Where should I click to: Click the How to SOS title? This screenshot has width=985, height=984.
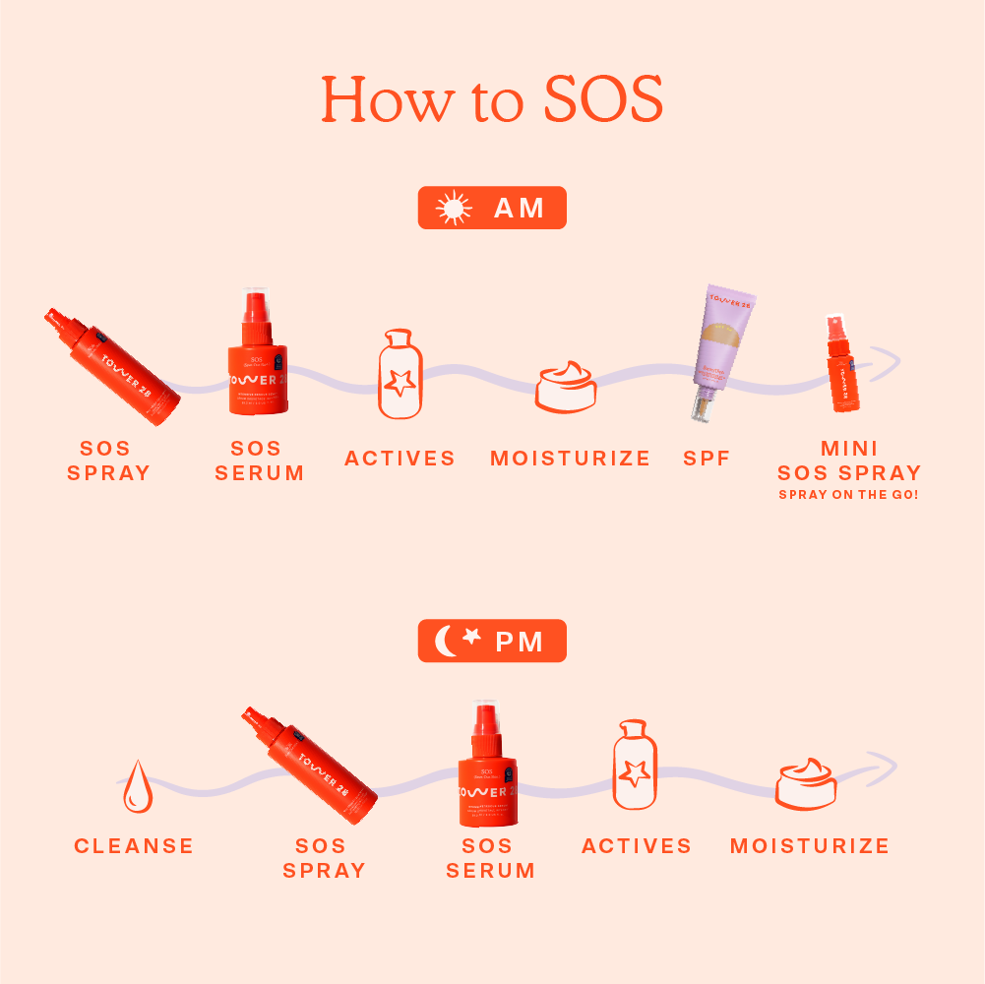492,99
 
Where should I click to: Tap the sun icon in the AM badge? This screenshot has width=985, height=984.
453,209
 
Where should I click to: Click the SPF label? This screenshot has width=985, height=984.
707,459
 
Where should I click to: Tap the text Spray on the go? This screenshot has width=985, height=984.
848,495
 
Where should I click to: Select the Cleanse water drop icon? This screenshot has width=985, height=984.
138,786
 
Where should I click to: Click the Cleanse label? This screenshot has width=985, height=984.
134,846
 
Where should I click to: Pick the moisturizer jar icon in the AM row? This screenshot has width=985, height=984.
567,387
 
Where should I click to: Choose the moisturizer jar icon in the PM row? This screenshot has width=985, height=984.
806,784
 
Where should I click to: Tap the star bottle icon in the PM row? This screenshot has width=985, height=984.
635,766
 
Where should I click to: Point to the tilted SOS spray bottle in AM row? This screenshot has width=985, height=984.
112,366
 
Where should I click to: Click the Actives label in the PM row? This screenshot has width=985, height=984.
637,846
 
